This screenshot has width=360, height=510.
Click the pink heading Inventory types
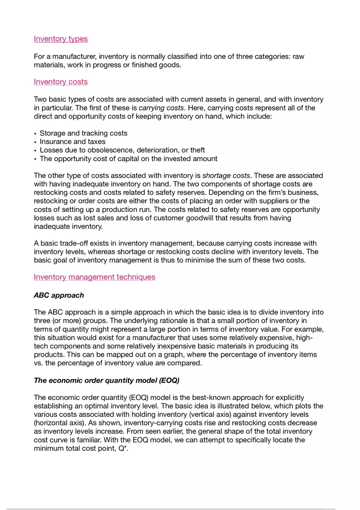point(61,39)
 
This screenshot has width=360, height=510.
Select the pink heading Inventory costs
point(61,82)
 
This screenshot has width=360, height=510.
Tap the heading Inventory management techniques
point(94,277)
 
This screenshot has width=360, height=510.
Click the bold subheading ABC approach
point(59,295)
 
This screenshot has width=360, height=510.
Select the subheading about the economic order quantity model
point(106,380)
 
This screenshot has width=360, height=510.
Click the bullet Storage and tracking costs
point(83,133)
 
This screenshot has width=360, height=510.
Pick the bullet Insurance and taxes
point(72,142)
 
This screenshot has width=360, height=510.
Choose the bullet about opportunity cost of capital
point(128,159)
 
